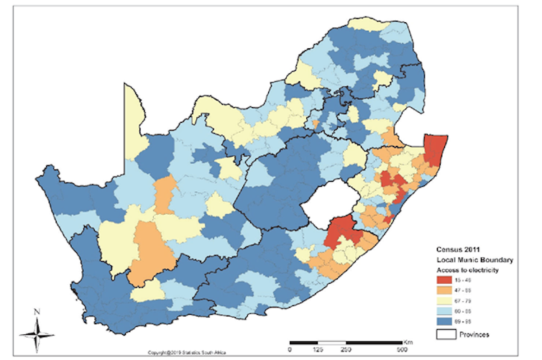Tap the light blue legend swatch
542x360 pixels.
(x=444, y=314)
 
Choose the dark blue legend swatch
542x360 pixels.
(x=444, y=324)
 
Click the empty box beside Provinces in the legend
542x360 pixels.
(x=444, y=335)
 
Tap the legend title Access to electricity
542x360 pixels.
(x=468, y=269)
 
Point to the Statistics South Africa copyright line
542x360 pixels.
(x=187, y=354)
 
